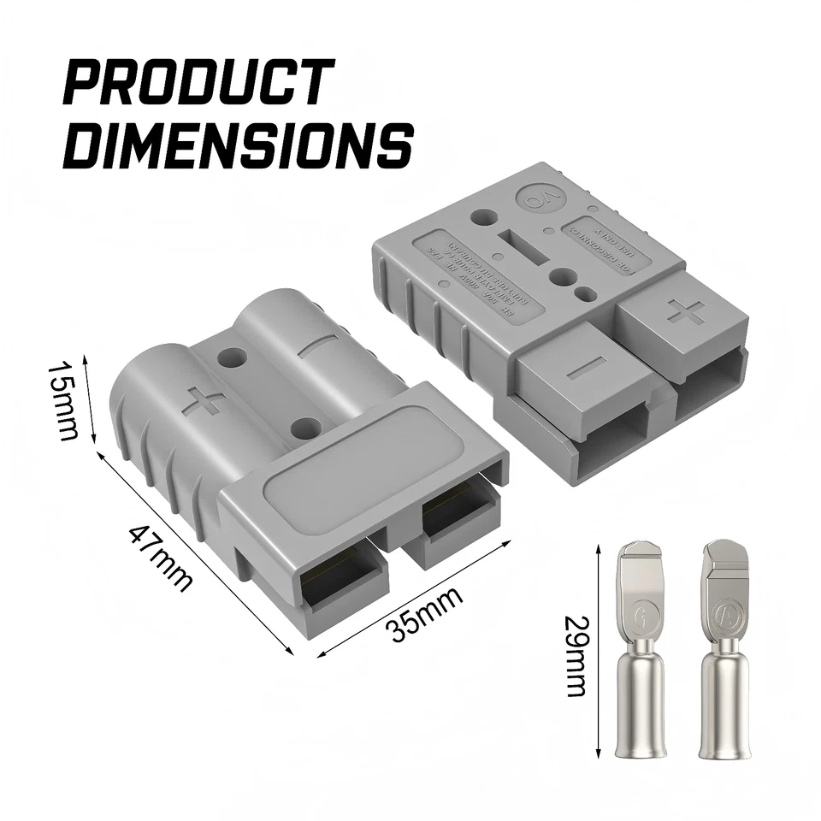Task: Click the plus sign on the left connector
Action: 204,399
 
